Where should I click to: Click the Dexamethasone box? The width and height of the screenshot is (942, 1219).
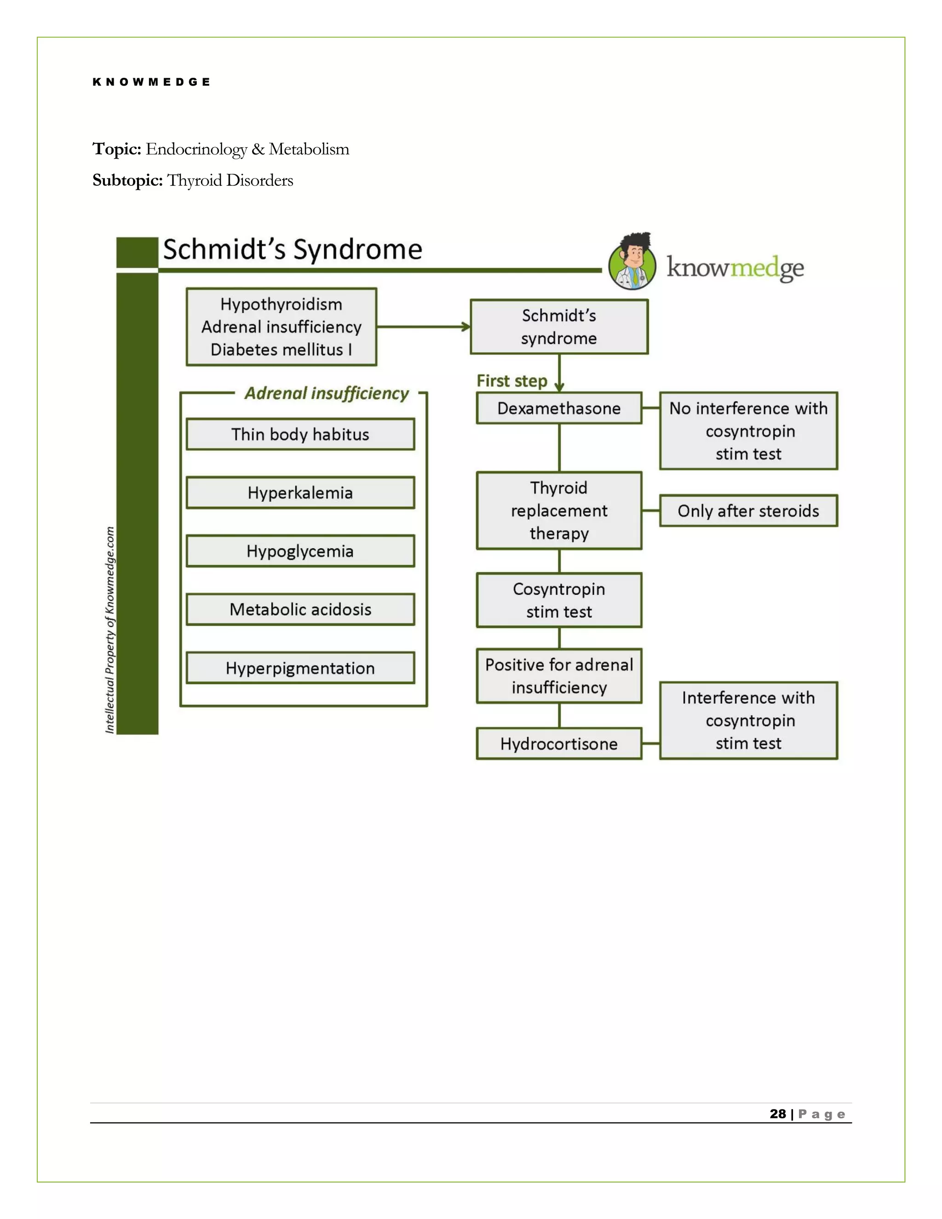[x=558, y=408]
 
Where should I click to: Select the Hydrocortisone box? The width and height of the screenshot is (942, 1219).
[x=558, y=743]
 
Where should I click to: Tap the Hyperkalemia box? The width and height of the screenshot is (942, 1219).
[x=300, y=493]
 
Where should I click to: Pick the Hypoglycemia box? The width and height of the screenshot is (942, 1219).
[x=300, y=551]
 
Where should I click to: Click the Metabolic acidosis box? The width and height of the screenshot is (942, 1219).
[x=300, y=609]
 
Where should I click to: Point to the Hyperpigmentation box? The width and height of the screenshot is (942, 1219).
[x=300, y=668]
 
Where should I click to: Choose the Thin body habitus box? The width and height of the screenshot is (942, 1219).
[x=300, y=434]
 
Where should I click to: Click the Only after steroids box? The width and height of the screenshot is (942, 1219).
[x=748, y=511]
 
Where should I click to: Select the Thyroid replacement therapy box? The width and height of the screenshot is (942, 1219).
[x=558, y=511]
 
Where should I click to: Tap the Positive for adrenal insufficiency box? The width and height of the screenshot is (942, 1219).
[x=558, y=676]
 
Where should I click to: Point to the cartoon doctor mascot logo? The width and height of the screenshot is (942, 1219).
[x=632, y=261]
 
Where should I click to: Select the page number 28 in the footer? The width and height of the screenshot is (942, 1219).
[x=777, y=1114]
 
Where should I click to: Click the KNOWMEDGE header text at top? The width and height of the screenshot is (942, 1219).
[x=151, y=82]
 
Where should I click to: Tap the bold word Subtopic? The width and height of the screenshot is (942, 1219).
[x=127, y=180]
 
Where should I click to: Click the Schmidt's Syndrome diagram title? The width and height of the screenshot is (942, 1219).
[x=293, y=249]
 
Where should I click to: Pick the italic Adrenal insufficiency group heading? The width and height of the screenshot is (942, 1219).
[x=327, y=393]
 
